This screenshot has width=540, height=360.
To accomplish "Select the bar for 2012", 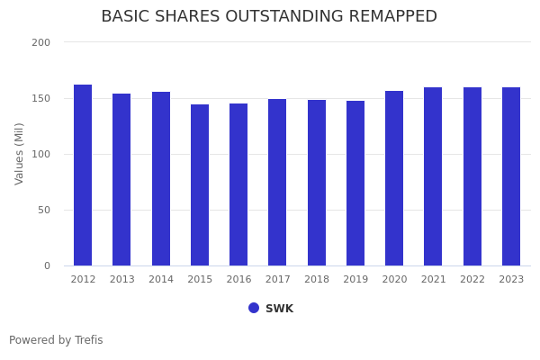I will (x=83, y=175).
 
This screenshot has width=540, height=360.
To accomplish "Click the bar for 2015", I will (x=200, y=185).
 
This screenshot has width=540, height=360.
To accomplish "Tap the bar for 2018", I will (x=317, y=183).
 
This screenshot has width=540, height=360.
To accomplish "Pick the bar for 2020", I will (x=394, y=178).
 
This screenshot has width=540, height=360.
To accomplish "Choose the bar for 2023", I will (x=511, y=176).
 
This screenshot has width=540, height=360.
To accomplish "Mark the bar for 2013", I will (x=121, y=180).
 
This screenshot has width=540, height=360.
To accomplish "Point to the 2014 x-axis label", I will (x=161, y=280).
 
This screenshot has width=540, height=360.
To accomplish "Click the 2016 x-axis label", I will (x=238, y=280).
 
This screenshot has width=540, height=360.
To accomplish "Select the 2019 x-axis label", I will (x=355, y=280).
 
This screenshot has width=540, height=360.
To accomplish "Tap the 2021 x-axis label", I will (x=433, y=280).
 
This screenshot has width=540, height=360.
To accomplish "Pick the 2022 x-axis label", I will (x=472, y=280).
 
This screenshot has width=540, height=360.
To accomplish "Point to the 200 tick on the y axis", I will (x=40, y=42).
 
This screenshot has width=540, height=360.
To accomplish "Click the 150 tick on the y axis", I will (x=40, y=98).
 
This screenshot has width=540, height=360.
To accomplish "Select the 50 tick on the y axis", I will (x=43, y=210).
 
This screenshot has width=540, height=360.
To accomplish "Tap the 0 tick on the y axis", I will (x=46, y=265).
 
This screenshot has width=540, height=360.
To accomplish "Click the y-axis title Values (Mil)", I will (x=20, y=154).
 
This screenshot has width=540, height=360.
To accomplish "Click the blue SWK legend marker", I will (x=254, y=308).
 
